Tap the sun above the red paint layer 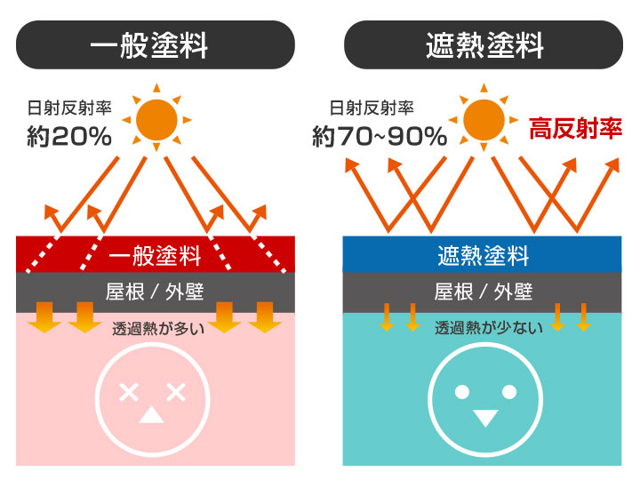156,118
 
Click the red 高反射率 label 575,129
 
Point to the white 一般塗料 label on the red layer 156,256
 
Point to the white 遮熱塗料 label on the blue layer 483,256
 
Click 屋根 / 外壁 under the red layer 156,292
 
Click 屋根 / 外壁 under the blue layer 483,292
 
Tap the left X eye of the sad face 130,391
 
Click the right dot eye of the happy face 509,391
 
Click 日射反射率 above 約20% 69,108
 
